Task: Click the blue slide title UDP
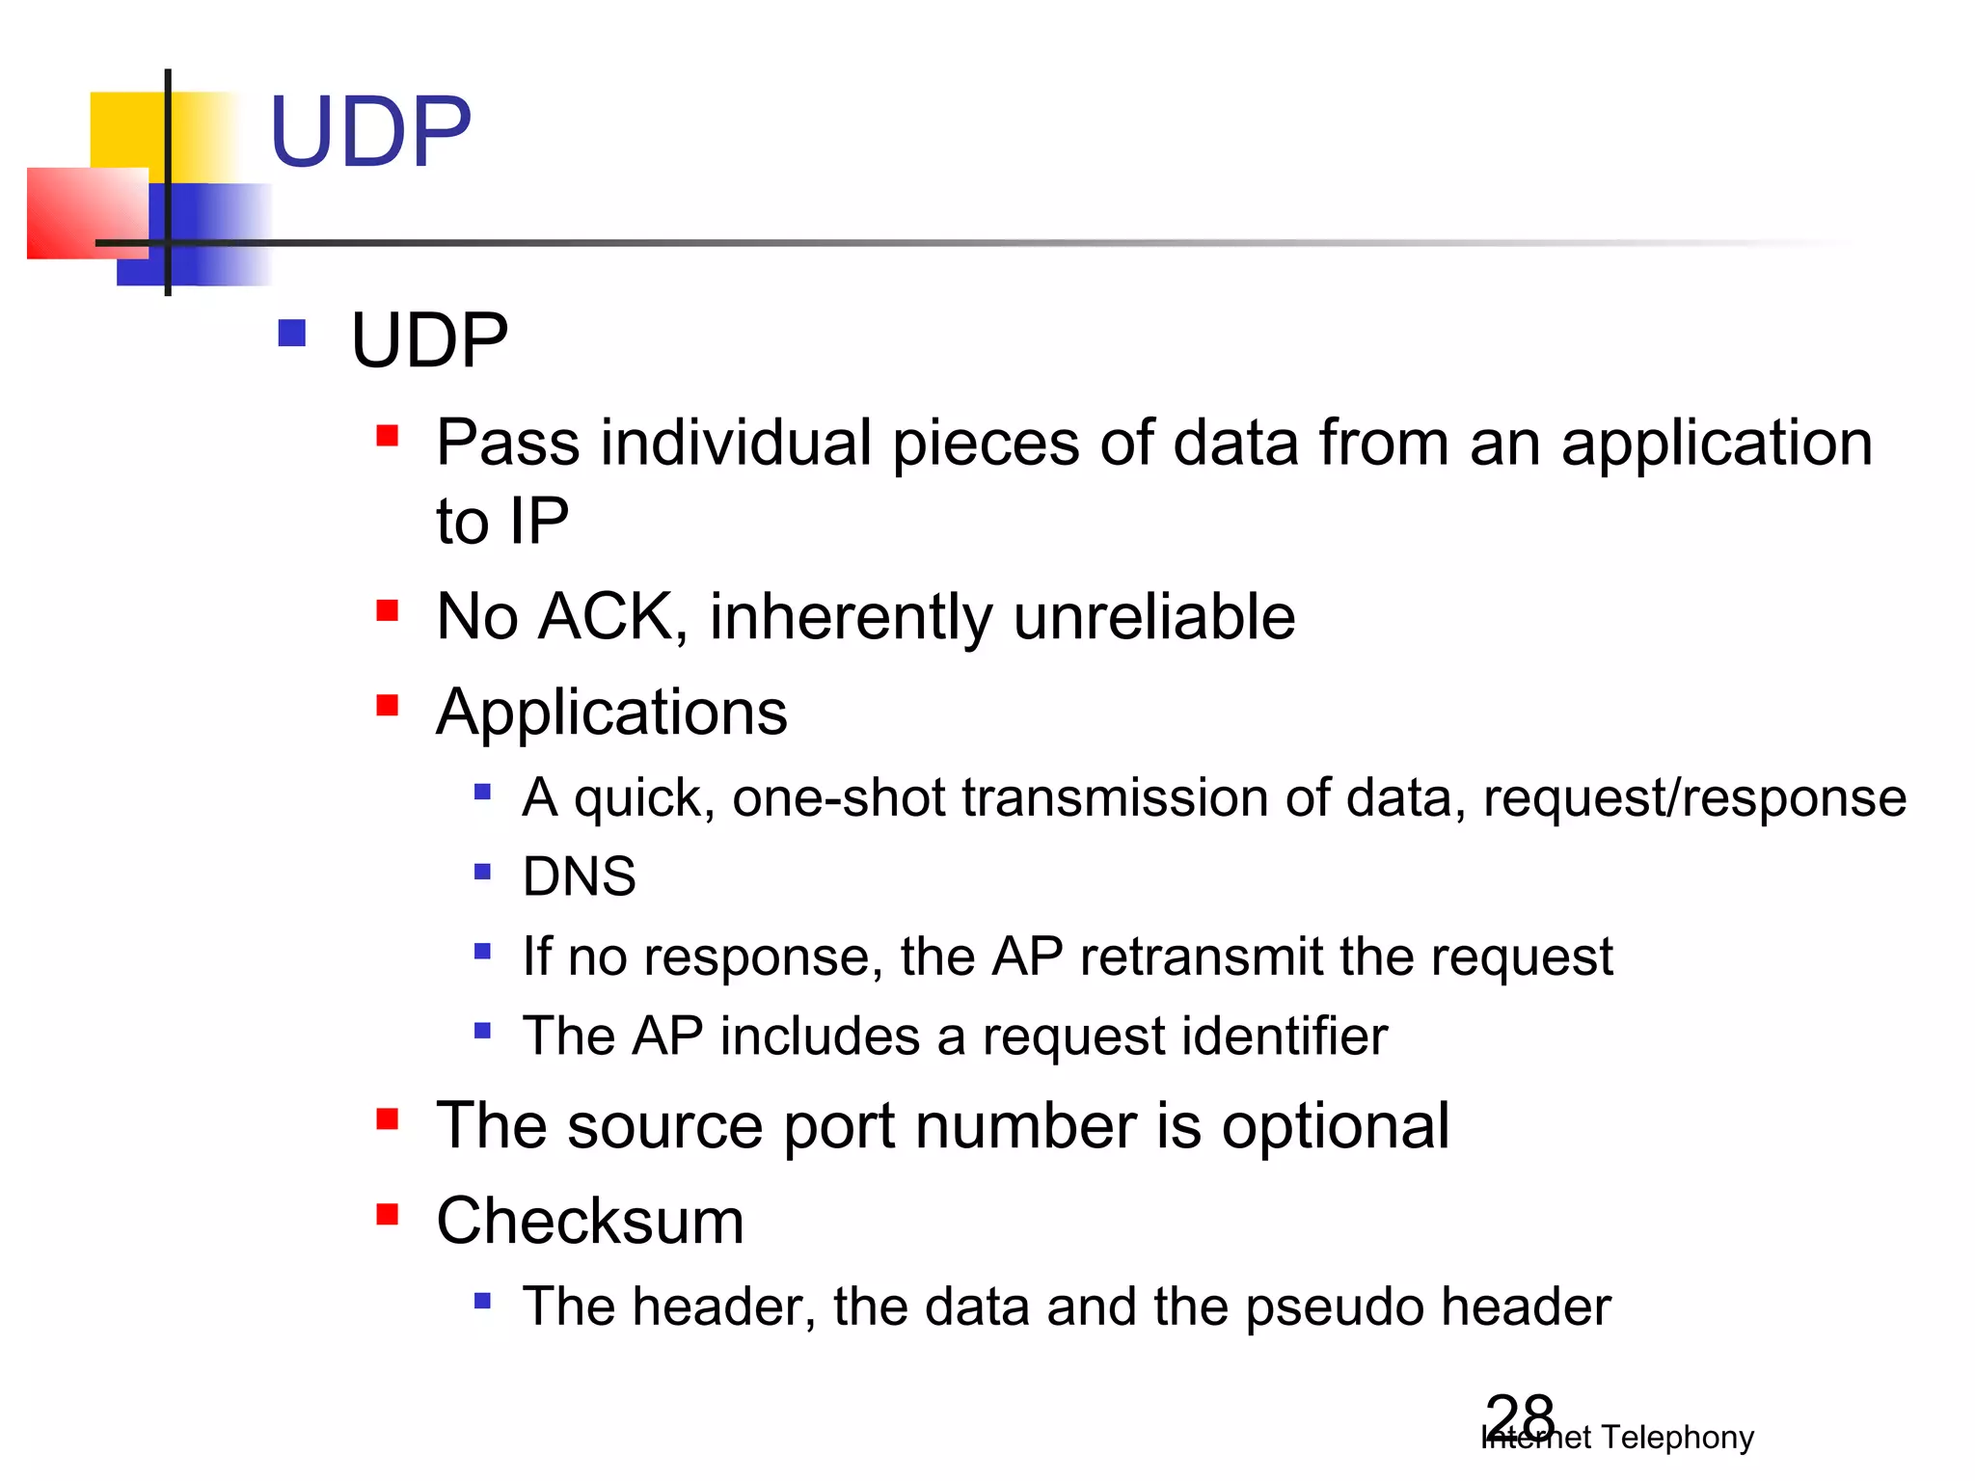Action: (370, 132)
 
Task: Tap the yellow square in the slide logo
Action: (130, 130)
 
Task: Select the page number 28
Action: (1520, 1416)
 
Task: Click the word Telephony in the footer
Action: (1677, 1438)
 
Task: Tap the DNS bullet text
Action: (579, 876)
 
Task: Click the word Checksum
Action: (590, 1222)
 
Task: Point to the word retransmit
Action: (1202, 957)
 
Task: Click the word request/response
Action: (1694, 798)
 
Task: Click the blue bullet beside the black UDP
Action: (291, 334)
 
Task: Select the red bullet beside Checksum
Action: (388, 1214)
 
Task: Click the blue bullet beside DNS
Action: (483, 873)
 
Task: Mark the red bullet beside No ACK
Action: (388, 610)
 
